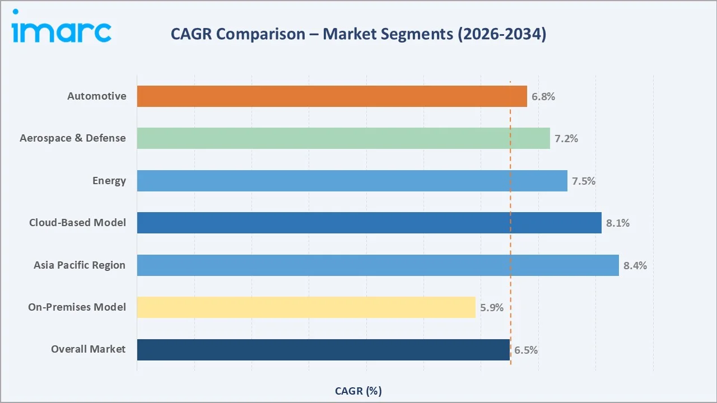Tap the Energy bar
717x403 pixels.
352,181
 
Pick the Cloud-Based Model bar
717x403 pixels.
369,223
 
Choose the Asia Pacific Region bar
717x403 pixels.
378,265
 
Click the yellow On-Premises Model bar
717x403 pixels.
306,307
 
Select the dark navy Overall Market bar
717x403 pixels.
323,350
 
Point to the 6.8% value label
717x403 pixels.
543,97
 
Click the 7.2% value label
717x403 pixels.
566,139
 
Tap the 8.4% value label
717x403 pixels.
635,266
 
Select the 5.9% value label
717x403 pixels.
492,308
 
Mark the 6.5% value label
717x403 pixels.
526,350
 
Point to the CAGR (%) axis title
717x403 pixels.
358,391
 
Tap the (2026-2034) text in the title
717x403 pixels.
502,34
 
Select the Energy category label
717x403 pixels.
109,181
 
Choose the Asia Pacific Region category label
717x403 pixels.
80,265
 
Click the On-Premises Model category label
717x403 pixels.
77,307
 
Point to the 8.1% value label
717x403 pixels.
618,223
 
